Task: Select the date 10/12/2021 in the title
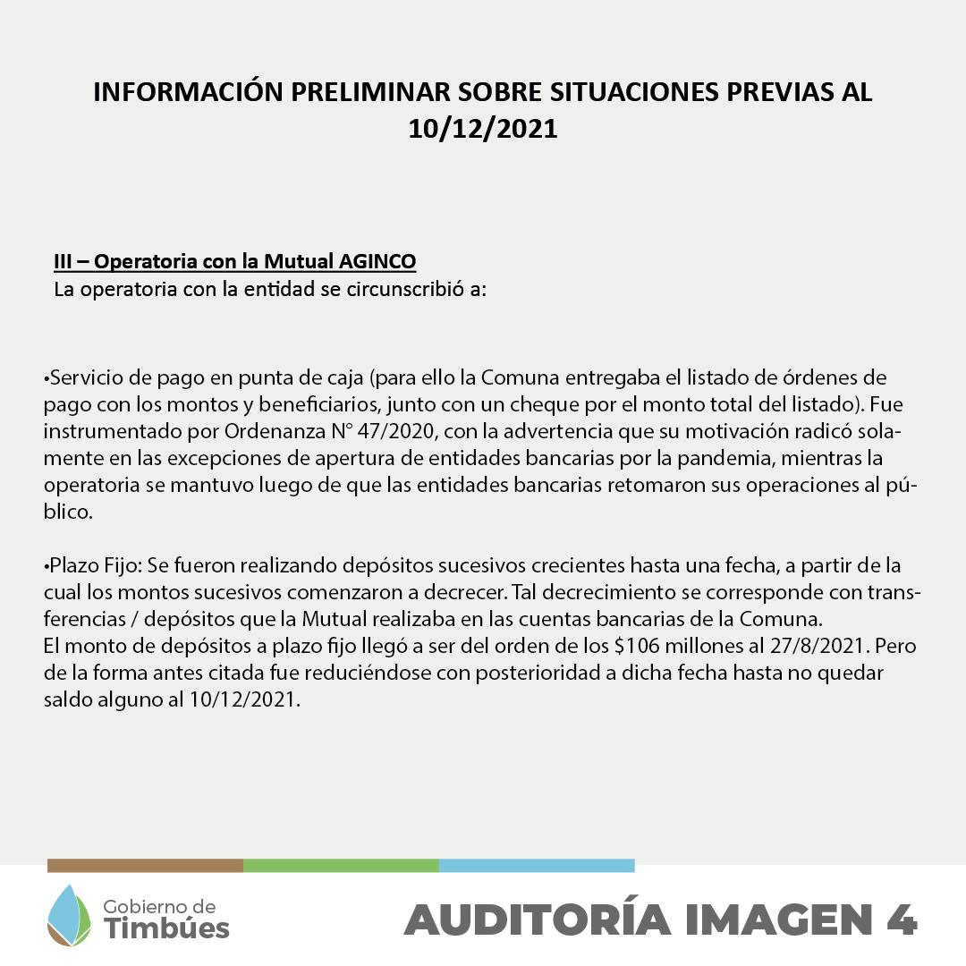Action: click(x=483, y=129)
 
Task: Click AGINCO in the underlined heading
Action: click(x=377, y=262)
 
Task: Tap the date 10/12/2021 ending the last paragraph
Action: click(x=242, y=699)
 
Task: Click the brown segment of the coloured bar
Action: click(x=145, y=866)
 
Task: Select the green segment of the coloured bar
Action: click(x=341, y=866)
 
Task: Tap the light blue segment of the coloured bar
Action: click(x=537, y=866)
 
